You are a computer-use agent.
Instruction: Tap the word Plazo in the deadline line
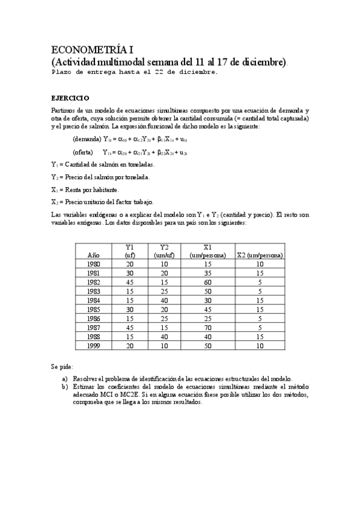pos(63,72)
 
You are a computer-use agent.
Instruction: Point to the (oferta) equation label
pos(84,153)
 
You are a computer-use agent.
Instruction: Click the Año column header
pos(93,255)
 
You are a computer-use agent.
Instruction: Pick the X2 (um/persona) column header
pos(260,255)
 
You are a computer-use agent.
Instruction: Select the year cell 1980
pos(93,264)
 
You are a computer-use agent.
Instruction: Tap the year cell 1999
pos(93,345)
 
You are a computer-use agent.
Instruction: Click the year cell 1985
pos(93,309)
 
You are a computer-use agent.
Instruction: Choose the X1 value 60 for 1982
pos(207,282)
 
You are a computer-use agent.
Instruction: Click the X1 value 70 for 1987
pos(207,327)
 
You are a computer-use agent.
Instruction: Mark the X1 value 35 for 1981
pos(207,273)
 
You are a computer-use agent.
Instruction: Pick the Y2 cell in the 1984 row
pos(164,300)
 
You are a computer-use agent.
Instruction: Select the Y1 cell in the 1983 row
pos(129,291)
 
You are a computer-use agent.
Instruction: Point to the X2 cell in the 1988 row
pos(260,336)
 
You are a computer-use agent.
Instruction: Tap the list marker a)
pos(65,378)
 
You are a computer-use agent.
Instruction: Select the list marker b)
pos(65,387)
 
